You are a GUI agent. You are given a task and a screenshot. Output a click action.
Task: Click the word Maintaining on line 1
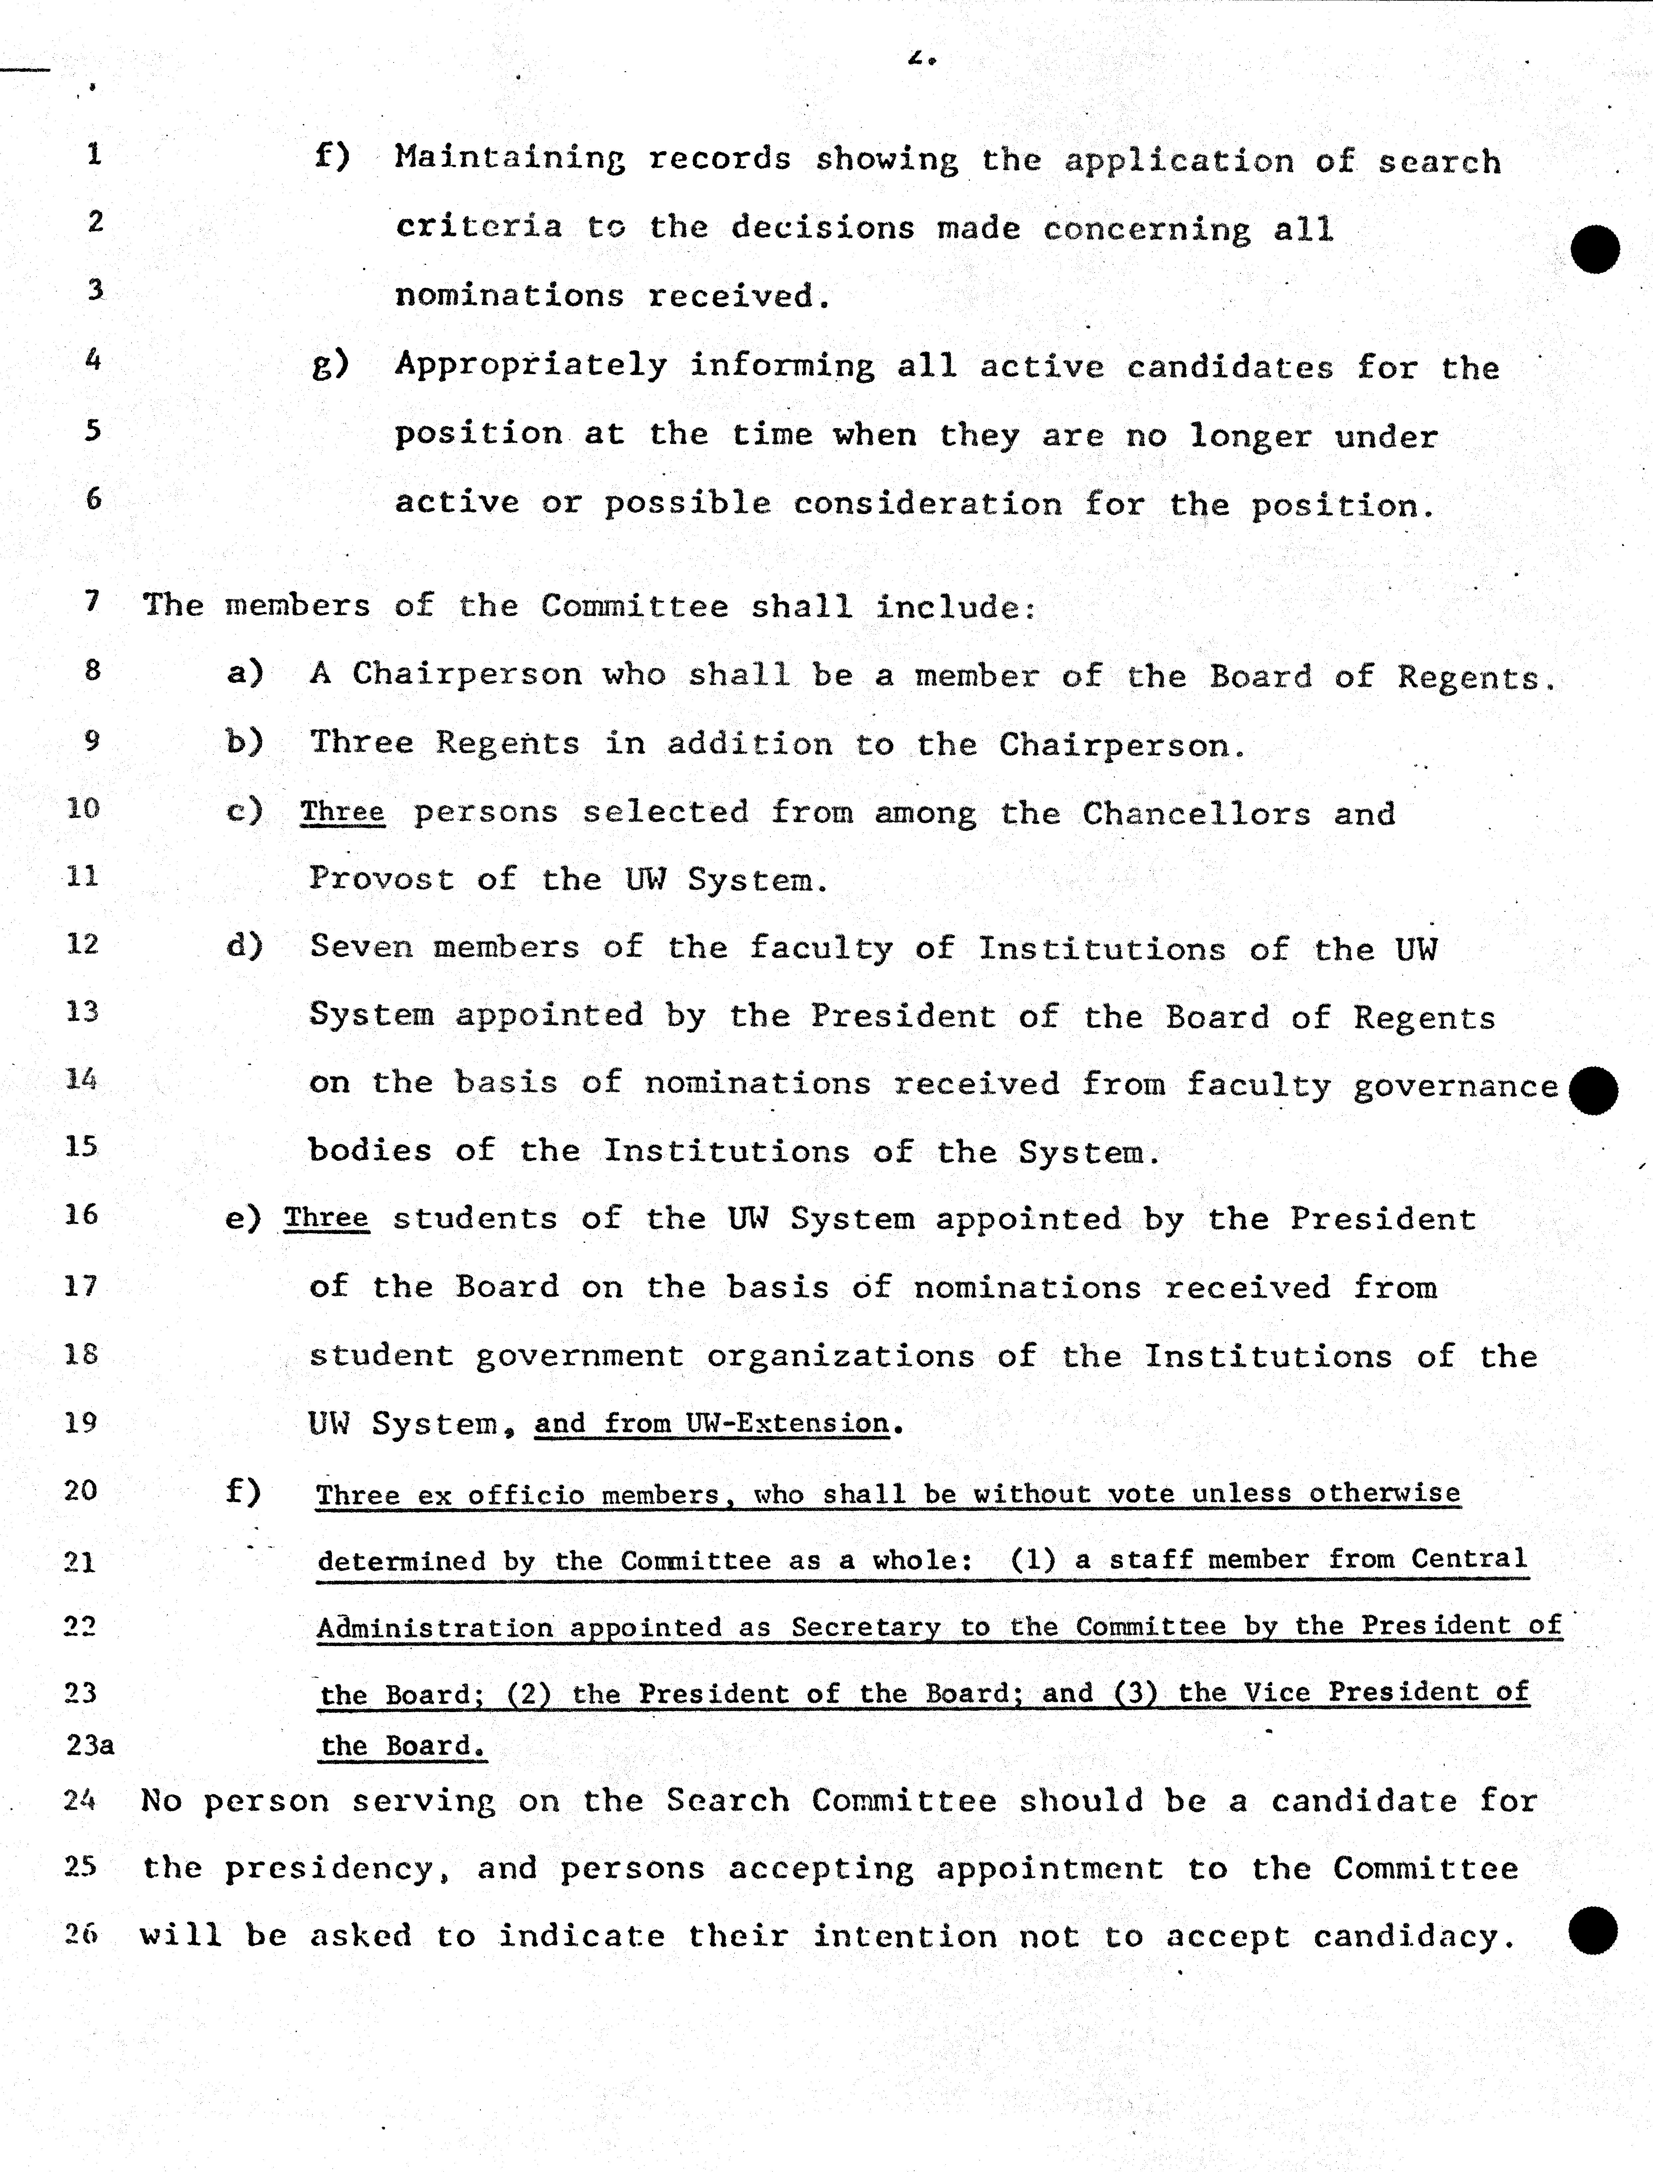(509, 159)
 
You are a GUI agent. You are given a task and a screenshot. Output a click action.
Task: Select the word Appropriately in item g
(531, 366)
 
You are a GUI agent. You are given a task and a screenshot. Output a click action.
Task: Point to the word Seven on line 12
(360, 947)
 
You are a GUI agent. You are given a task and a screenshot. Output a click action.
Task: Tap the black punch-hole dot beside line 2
(1595, 249)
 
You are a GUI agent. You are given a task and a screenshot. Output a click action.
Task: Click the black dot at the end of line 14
(1593, 1090)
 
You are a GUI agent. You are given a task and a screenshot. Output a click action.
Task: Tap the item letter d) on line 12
(244, 946)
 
